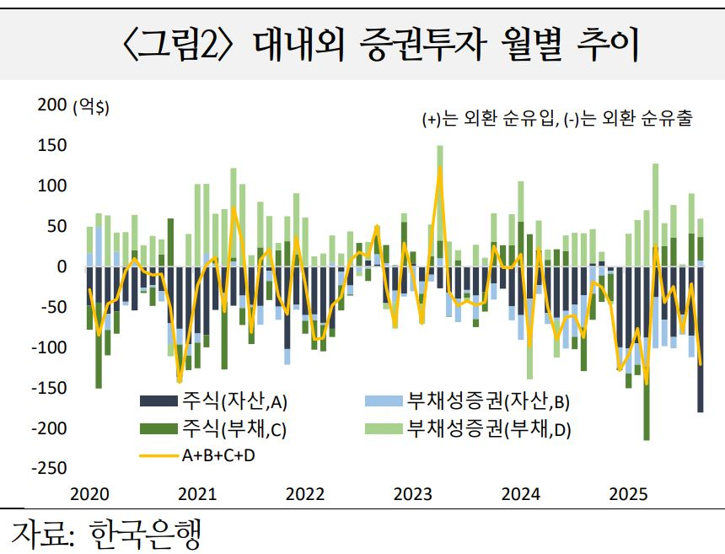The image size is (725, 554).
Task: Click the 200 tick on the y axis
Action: tap(51, 105)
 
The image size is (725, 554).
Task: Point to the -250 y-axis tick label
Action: tap(49, 468)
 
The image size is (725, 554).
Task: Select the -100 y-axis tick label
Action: tap(49, 347)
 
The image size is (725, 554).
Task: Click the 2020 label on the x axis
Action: tap(88, 493)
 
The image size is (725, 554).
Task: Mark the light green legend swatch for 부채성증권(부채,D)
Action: tap(384, 429)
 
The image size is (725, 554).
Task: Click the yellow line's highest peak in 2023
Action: tap(439, 168)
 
